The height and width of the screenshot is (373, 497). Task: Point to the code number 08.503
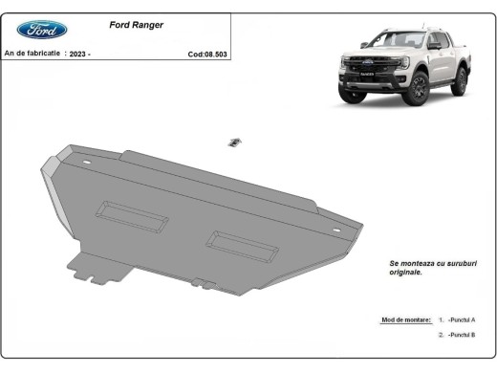[210, 55]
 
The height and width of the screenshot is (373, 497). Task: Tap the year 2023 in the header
[78, 55]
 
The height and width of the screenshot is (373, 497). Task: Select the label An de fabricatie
[33, 55]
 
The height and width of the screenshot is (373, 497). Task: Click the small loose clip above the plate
[232, 143]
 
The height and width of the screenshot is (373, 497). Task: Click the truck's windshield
[389, 40]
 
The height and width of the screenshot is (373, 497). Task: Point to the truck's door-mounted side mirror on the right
[434, 45]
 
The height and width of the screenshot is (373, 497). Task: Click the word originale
[406, 272]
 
